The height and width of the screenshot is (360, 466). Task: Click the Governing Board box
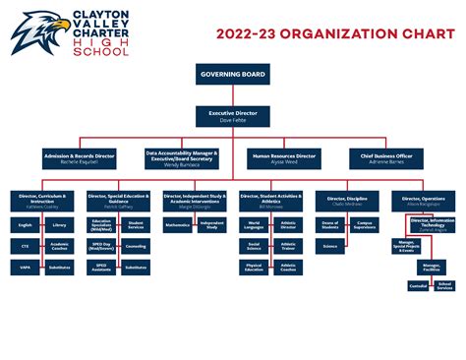click(x=233, y=75)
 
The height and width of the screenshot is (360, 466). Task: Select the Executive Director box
click(x=233, y=116)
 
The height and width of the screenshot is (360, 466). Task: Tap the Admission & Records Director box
click(x=80, y=157)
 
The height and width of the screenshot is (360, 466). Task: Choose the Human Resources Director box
click(x=285, y=157)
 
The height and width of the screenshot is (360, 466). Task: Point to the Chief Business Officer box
click(x=386, y=157)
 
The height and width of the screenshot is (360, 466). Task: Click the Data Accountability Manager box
click(x=182, y=157)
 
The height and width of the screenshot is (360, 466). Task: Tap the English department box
click(x=26, y=225)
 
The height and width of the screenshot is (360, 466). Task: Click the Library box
click(x=60, y=225)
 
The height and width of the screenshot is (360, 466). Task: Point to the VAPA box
click(x=26, y=267)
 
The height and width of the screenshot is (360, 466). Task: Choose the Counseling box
click(x=136, y=246)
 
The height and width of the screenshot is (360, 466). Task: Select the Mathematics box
click(x=178, y=225)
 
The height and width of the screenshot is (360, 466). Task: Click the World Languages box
click(x=254, y=225)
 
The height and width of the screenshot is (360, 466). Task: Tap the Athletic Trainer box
click(x=288, y=246)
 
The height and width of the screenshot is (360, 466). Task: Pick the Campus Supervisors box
click(x=364, y=225)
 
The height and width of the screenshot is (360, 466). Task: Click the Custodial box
click(x=419, y=285)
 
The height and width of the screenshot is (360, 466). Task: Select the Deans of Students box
click(x=329, y=225)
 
